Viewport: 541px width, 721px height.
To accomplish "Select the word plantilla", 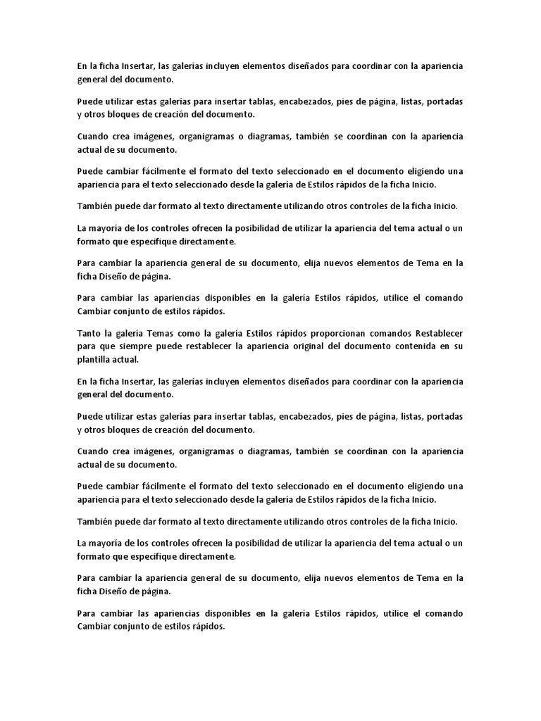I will (x=94, y=359).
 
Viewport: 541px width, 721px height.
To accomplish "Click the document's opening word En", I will (x=82, y=66).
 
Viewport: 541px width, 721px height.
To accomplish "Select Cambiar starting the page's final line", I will (x=94, y=627).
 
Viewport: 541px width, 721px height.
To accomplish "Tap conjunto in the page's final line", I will (x=135, y=627).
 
